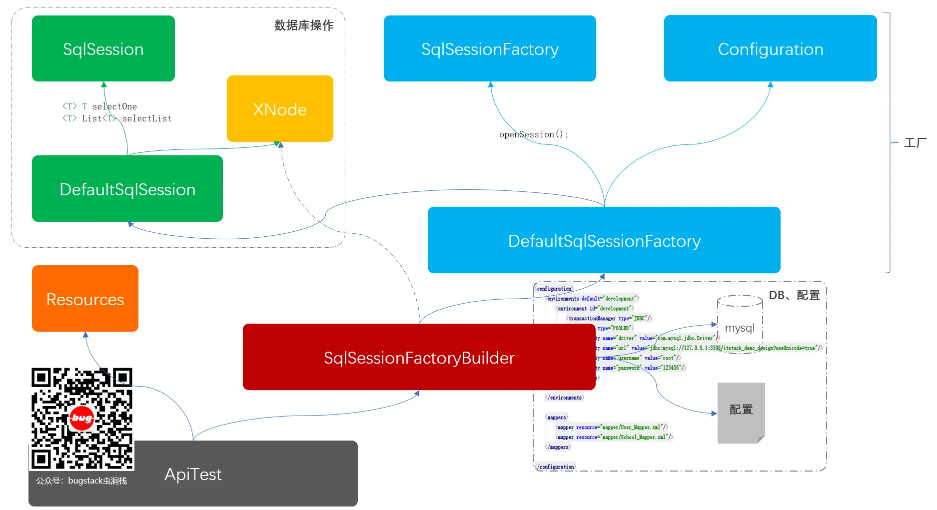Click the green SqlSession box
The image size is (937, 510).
click(x=103, y=48)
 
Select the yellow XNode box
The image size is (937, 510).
click(x=280, y=109)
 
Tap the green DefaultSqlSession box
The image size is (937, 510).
click(x=127, y=189)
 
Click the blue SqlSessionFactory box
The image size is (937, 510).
click(x=490, y=48)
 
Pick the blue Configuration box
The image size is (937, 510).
click(x=770, y=48)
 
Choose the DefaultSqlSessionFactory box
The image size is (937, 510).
click(x=604, y=240)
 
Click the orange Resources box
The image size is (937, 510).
click(x=85, y=299)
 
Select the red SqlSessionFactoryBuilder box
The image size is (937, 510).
click(x=419, y=357)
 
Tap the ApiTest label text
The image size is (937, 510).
click(x=193, y=474)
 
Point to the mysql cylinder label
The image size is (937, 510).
click(x=740, y=328)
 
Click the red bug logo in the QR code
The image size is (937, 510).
click(x=81, y=418)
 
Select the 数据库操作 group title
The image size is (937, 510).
click(x=304, y=25)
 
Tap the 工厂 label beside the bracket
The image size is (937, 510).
click(x=915, y=143)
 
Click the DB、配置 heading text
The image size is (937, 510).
click(x=794, y=295)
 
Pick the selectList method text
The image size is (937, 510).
click(x=146, y=118)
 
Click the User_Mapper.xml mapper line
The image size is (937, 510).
click(x=612, y=427)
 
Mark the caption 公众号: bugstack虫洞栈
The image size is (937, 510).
click(x=81, y=481)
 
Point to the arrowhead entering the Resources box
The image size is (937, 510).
click(x=85, y=335)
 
